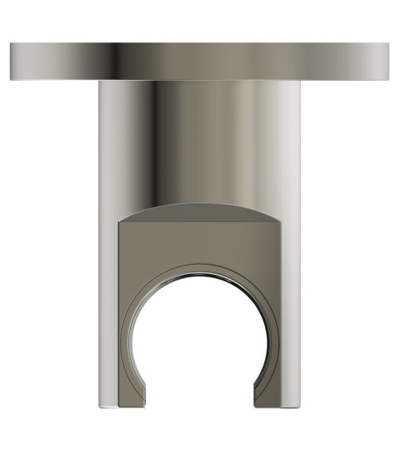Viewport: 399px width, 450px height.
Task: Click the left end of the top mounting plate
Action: [11, 62]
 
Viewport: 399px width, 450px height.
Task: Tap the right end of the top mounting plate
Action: [388, 62]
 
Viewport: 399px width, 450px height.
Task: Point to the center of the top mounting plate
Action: [199, 62]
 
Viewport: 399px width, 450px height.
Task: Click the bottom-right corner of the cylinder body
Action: [301, 404]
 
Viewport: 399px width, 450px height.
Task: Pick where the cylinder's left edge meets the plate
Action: [98, 82]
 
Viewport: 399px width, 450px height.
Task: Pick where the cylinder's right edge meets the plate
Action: [301, 82]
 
